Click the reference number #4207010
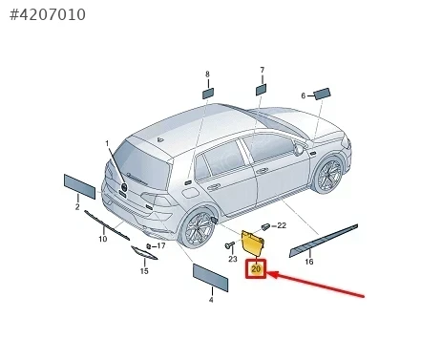(48, 14)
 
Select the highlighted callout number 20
(256, 269)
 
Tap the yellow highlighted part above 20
(253, 243)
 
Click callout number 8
(207, 74)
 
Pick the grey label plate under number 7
(262, 89)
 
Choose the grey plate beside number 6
(322, 94)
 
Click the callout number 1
(107, 144)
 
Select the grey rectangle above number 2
(79, 186)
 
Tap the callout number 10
(102, 239)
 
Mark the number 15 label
(144, 271)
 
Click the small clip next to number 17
(148, 246)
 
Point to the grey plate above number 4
(211, 277)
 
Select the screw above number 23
(229, 245)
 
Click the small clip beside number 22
(265, 226)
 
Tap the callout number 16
(309, 262)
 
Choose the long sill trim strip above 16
(324, 241)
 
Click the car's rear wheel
(197, 228)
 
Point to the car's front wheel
(328, 175)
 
